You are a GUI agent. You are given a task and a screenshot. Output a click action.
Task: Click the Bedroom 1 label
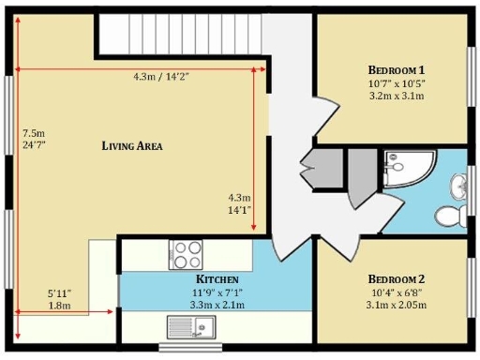396,69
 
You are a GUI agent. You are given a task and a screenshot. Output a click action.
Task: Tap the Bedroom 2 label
396,279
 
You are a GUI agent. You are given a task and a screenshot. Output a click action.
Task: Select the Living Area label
133,145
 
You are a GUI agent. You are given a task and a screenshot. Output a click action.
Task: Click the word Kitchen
217,279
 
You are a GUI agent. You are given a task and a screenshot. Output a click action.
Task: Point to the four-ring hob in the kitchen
186,254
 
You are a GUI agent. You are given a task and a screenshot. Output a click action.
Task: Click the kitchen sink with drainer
191,327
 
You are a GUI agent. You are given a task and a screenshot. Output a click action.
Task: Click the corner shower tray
407,170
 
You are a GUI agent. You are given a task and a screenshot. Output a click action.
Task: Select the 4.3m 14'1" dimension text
240,204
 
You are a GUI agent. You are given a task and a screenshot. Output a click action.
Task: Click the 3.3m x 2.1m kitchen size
217,305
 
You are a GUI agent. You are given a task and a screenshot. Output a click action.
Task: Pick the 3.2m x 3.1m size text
396,96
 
